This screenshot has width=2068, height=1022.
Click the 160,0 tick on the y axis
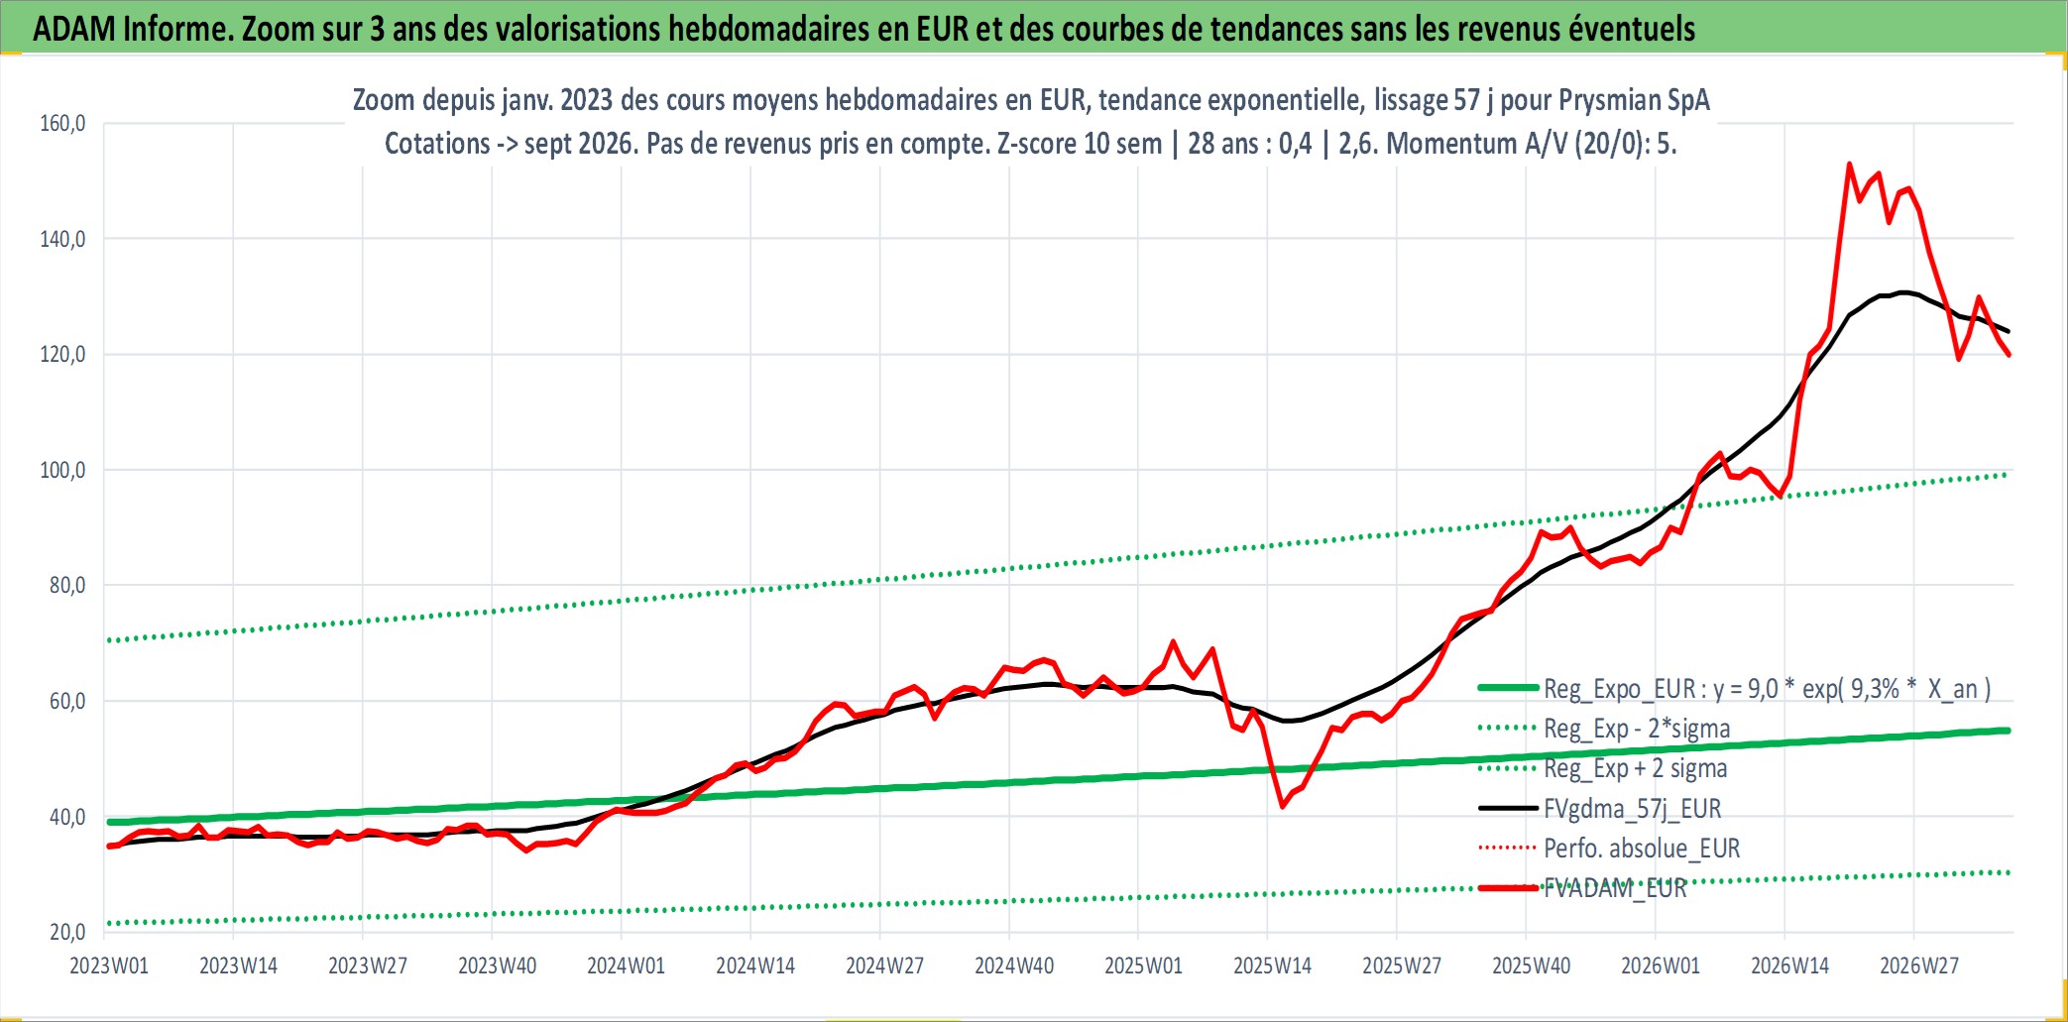click(x=62, y=123)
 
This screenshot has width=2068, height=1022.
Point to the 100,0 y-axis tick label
click(x=62, y=470)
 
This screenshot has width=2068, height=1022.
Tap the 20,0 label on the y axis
click(x=67, y=932)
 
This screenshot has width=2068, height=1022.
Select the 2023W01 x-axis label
click(x=109, y=965)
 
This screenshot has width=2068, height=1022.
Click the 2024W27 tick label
click(x=884, y=965)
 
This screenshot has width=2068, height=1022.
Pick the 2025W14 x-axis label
click(x=1272, y=965)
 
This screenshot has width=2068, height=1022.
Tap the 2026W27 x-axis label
click(x=1919, y=965)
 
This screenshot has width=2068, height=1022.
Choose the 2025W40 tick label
click(x=1532, y=965)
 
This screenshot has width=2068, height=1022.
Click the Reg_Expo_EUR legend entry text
click(x=1768, y=689)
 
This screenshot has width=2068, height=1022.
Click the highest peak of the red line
click(x=1850, y=165)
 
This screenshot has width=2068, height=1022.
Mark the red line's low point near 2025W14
click(x=1282, y=806)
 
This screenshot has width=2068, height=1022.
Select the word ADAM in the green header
click(x=74, y=29)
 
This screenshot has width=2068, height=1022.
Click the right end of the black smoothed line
click(x=2009, y=331)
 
